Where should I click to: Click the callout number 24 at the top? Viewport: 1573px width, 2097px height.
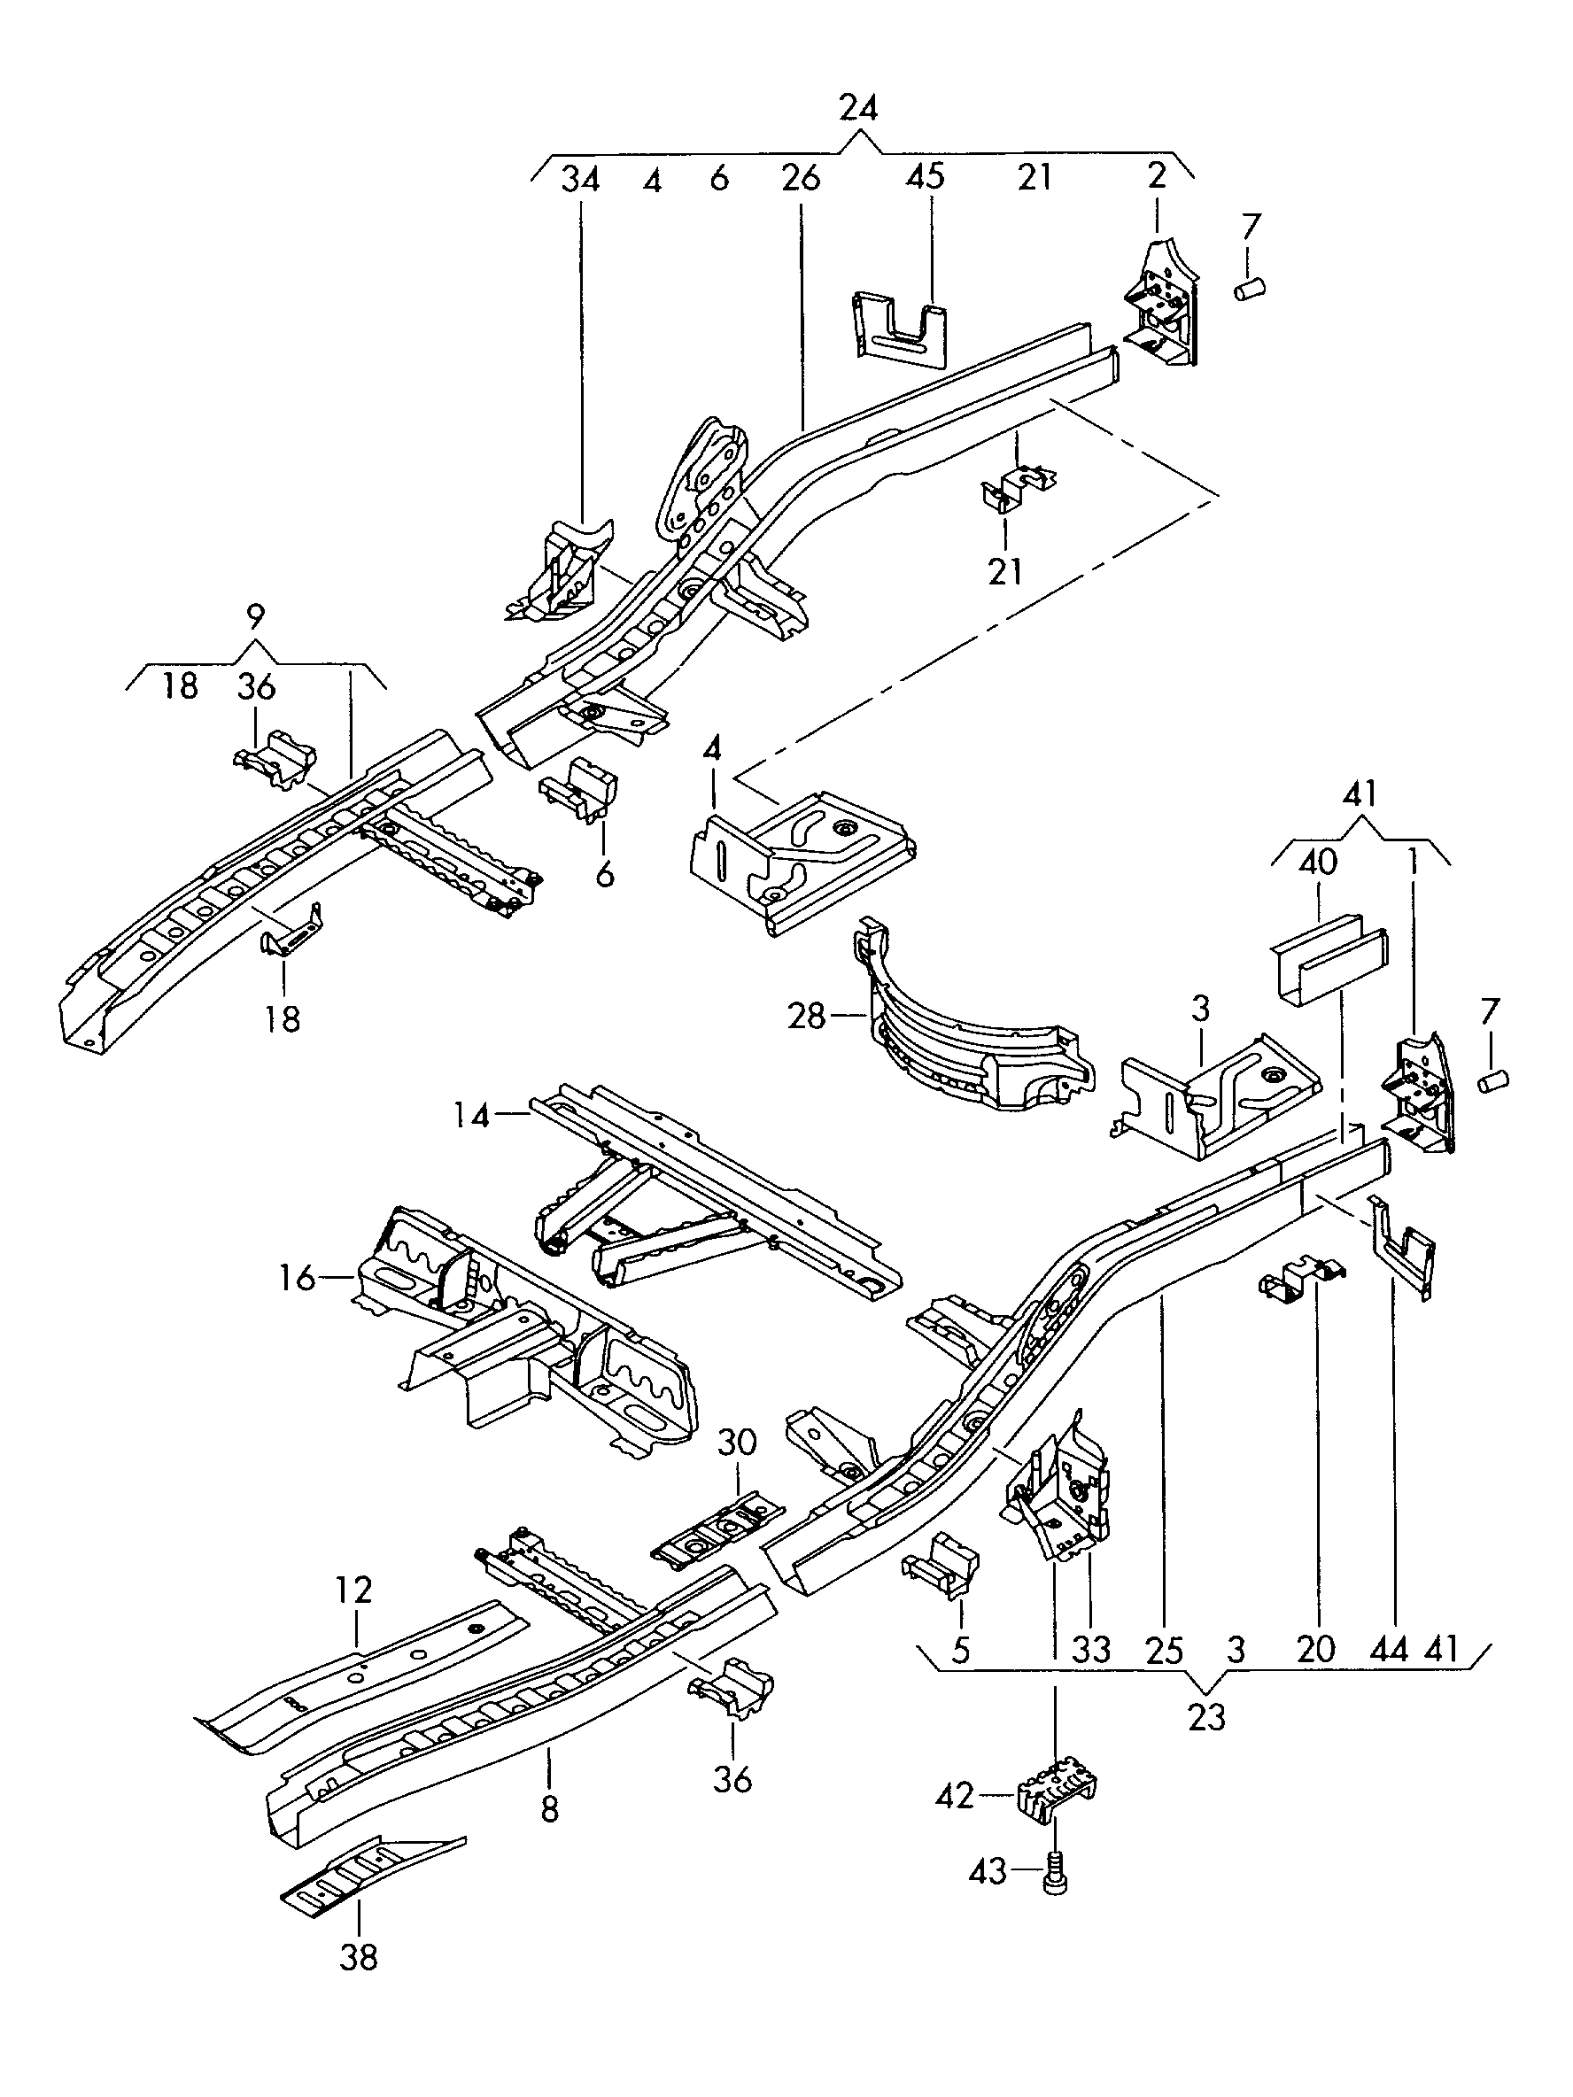tap(858, 108)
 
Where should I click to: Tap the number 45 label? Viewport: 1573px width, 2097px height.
tap(926, 176)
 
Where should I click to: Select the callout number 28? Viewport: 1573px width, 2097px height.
tap(807, 1018)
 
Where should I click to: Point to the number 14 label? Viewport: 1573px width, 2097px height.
tap(471, 1115)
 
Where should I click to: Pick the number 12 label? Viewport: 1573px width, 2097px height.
tap(353, 1588)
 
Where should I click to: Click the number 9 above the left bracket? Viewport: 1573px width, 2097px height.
tap(255, 617)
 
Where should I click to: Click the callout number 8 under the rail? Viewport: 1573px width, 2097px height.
tap(550, 1810)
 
